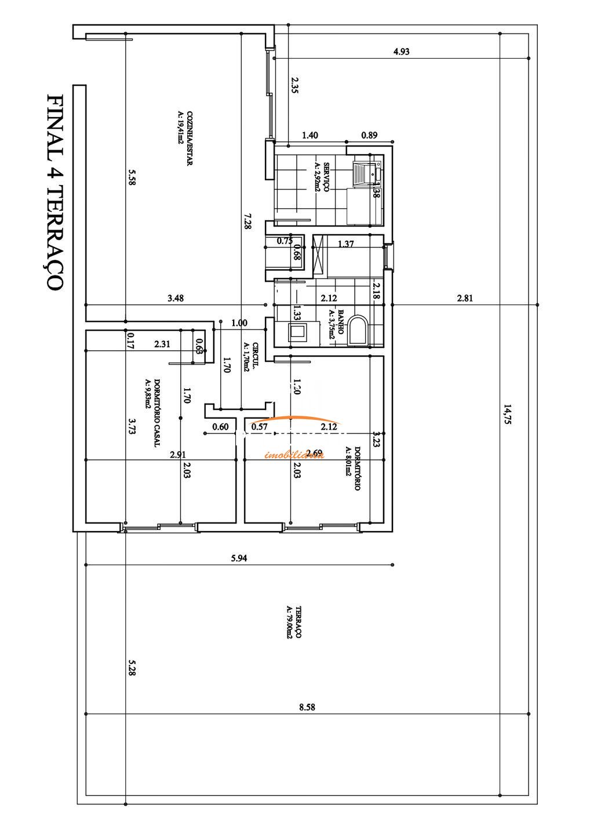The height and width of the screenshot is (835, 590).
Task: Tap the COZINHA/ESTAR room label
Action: (x=184, y=138)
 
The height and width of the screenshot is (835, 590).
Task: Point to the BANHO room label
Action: (x=336, y=325)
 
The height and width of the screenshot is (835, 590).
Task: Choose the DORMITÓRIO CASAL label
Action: (x=152, y=412)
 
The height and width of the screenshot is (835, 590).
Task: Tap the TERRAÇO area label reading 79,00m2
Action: (x=293, y=622)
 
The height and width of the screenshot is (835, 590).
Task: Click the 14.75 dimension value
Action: (x=508, y=415)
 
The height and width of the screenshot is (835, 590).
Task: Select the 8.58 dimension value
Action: (x=307, y=707)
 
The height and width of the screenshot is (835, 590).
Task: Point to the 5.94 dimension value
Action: (x=239, y=558)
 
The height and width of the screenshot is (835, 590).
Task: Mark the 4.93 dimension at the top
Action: (x=401, y=51)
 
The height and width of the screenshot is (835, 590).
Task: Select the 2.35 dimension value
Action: (x=294, y=85)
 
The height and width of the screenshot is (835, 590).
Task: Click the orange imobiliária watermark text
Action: (x=294, y=455)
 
